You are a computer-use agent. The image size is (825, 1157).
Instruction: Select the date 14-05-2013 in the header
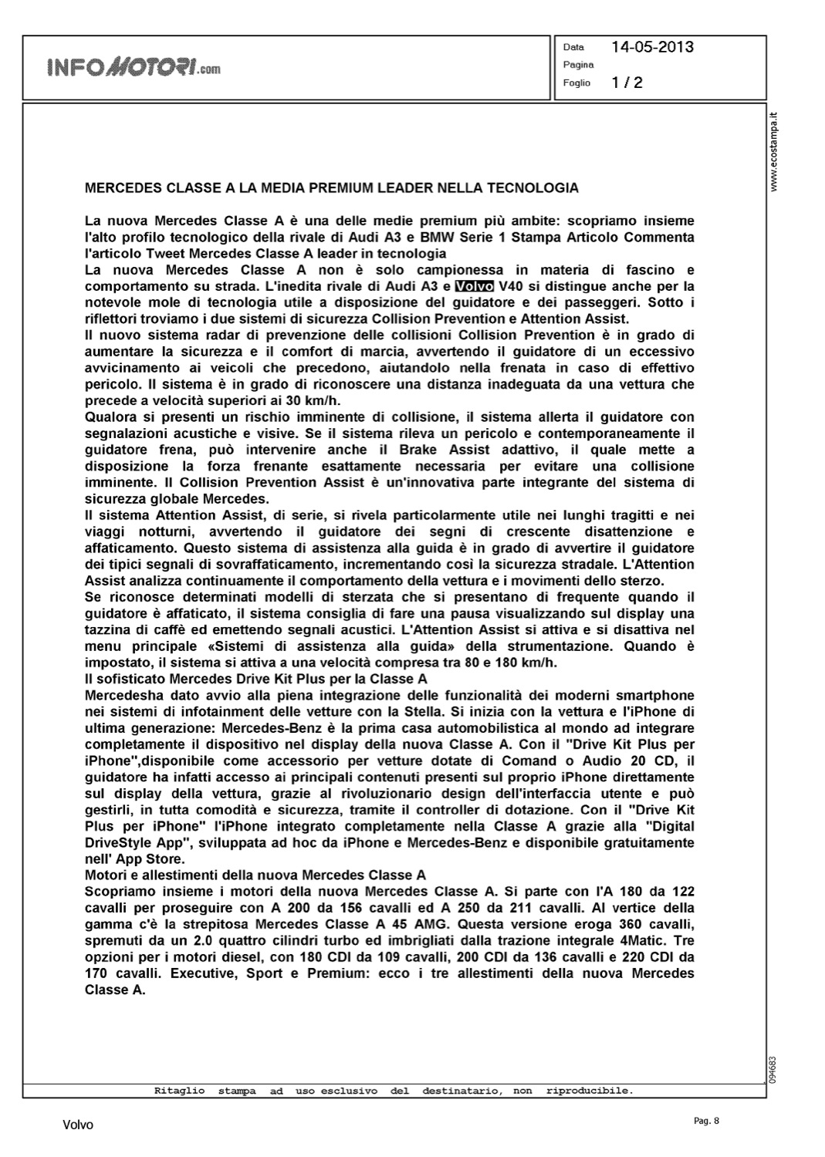[x=652, y=47]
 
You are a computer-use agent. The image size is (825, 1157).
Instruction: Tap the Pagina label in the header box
[x=578, y=66]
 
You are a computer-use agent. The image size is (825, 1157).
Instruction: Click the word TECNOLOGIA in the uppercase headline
[x=532, y=188]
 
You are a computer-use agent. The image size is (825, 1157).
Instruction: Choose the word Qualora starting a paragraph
[x=110, y=417]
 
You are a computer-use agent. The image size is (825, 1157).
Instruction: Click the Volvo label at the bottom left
[x=78, y=1125]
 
